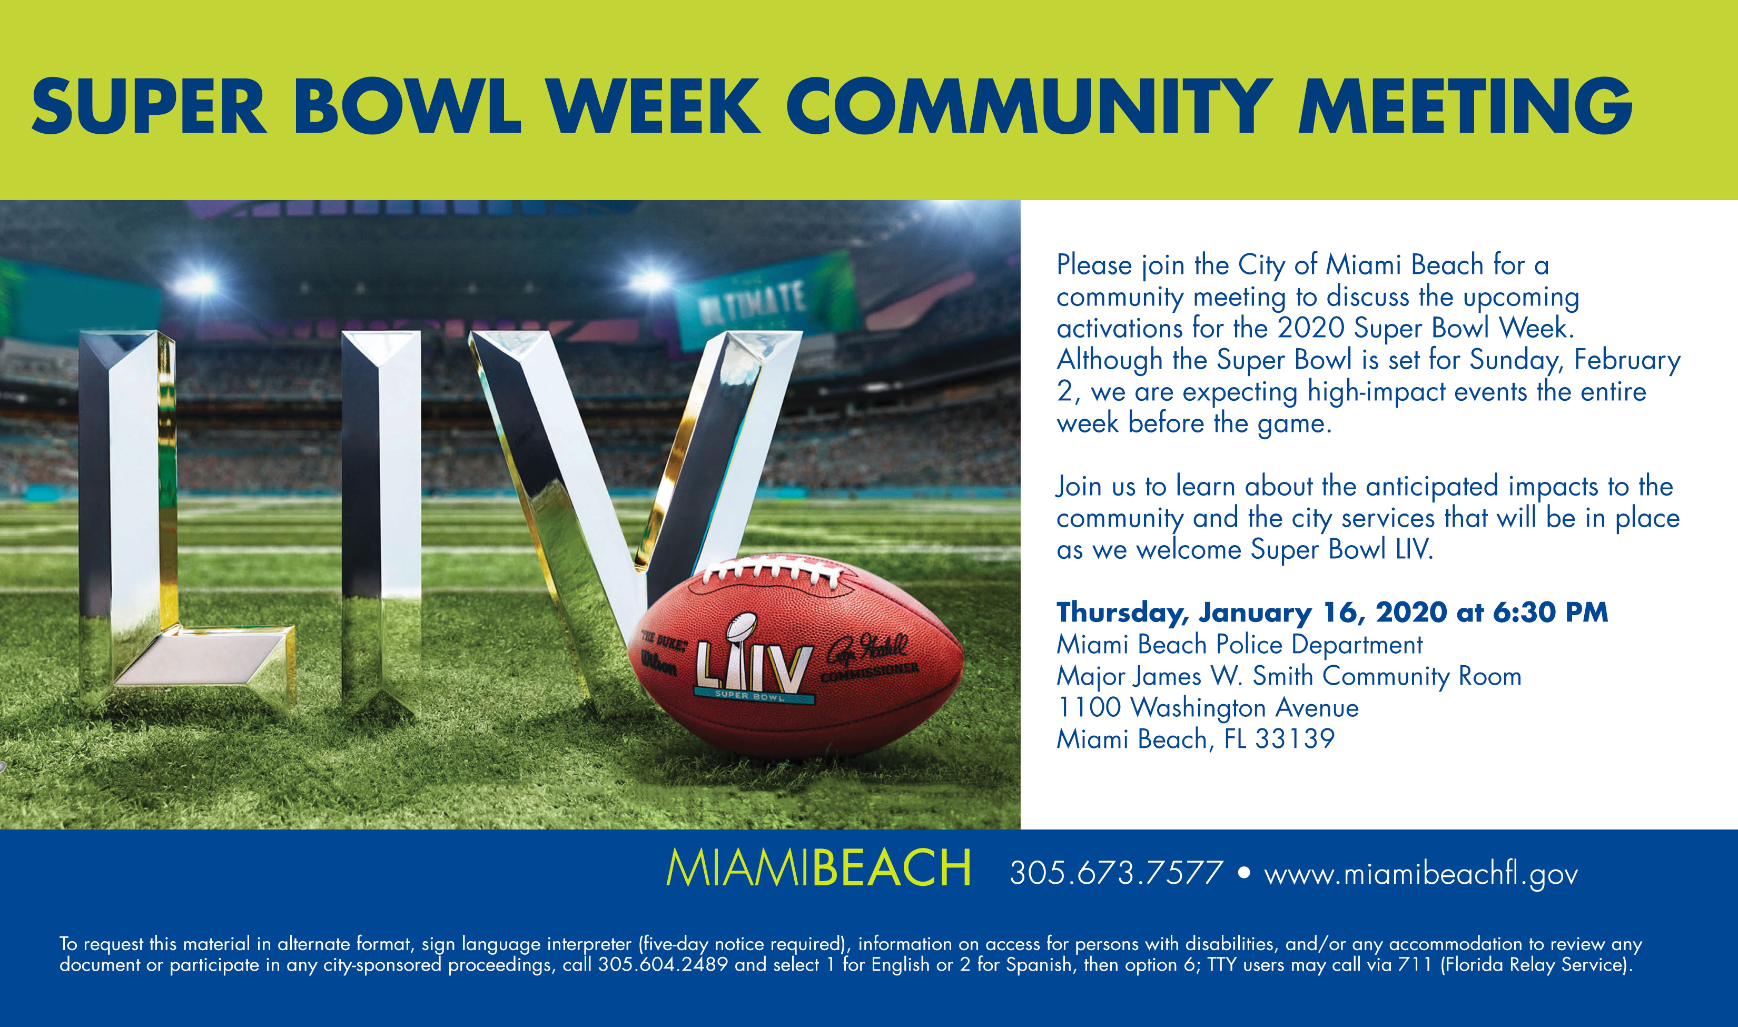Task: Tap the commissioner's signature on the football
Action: coord(868,648)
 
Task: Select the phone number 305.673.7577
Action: coord(1116,873)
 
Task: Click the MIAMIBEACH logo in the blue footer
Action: coord(818,868)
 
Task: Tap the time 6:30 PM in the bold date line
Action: coord(1550,613)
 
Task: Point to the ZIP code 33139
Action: coord(1295,739)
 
